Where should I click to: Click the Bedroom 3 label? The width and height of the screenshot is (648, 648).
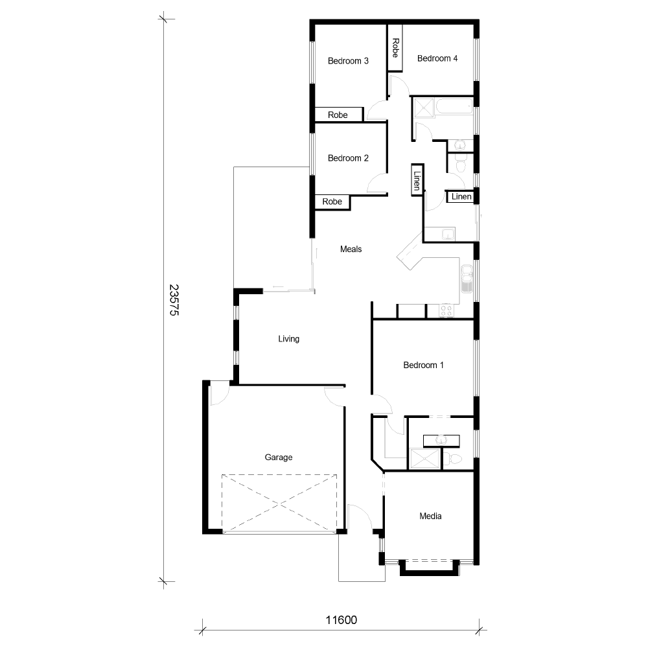click(348, 61)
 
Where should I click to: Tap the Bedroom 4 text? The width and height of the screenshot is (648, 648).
click(437, 58)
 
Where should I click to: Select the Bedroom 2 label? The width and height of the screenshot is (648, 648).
click(348, 158)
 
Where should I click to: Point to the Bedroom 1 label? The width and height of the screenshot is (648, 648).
click(423, 365)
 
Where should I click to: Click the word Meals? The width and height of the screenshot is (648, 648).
click(351, 249)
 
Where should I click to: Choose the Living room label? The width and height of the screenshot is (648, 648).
click(288, 339)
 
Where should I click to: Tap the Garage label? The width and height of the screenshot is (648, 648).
click(279, 457)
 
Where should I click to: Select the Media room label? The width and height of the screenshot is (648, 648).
click(430, 516)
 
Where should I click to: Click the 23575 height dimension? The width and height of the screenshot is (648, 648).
click(173, 299)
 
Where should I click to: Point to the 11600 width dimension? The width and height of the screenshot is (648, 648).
click(341, 620)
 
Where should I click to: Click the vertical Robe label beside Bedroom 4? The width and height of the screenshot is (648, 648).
click(395, 48)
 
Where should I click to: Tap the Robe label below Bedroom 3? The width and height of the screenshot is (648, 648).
click(338, 115)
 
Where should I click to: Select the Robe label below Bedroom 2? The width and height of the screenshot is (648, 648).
click(332, 202)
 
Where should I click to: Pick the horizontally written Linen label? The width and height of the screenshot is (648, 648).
click(461, 196)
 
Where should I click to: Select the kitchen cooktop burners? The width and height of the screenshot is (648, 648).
click(446, 311)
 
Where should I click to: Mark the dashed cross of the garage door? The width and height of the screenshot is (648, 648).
click(279, 503)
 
